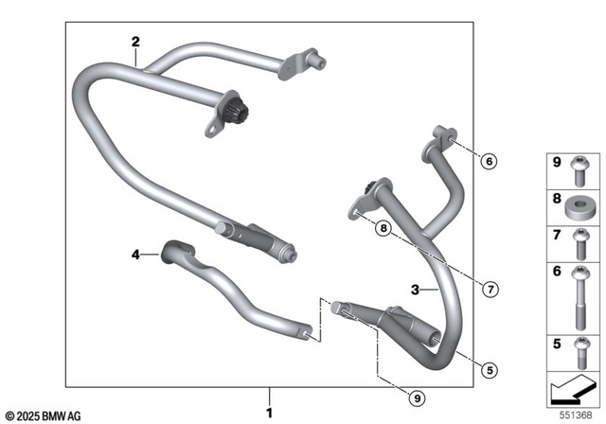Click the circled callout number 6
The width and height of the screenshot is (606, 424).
pyautogui.click(x=489, y=162)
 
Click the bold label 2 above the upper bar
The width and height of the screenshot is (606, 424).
pyautogui.click(x=135, y=42)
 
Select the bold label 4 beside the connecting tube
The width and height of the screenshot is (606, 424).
pyautogui.click(x=135, y=254)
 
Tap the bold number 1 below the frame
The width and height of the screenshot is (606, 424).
pyautogui.click(x=270, y=413)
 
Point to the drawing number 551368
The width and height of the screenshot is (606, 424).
pyautogui.click(x=579, y=413)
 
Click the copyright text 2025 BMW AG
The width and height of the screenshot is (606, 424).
pyautogui.click(x=43, y=415)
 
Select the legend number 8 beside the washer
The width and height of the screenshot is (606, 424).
pyautogui.click(x=557, y=201)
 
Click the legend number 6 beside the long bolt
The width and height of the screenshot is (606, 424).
pyautogui.click(x=557, y=272)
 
